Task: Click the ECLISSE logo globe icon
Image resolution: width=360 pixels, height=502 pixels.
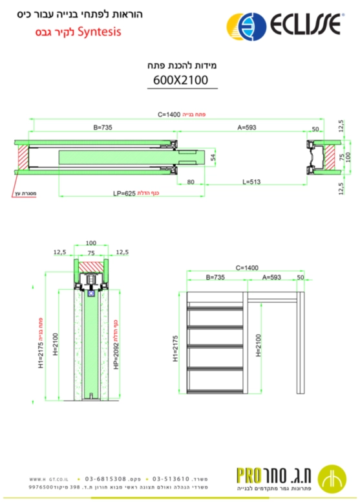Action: tap(246, 27)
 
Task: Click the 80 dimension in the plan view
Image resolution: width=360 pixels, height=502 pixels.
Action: tap(191, 182)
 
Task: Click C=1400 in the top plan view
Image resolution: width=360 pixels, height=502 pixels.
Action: tap(169, 114)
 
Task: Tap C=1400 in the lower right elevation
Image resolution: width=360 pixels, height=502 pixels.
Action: tap(247, 267)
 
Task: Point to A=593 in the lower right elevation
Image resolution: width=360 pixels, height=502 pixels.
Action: tap(273, 277)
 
